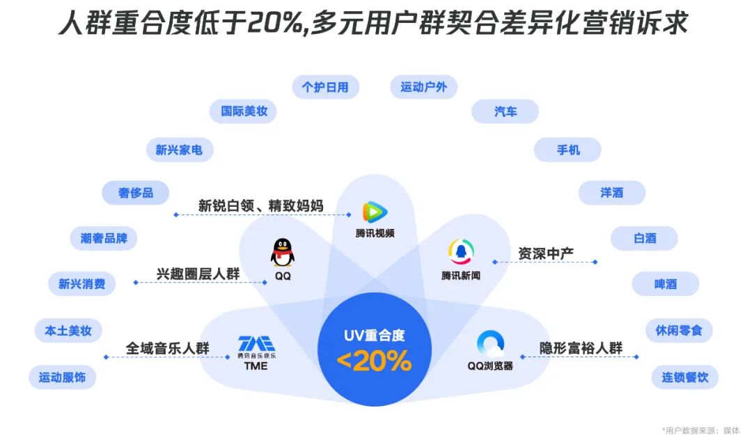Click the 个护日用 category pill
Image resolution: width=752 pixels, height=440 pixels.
tap(325, 87)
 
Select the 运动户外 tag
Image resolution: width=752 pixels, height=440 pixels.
tap(423, 87)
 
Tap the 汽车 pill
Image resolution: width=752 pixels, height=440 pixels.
tap(505, 111)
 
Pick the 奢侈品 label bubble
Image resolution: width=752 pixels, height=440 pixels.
tap(135, 193)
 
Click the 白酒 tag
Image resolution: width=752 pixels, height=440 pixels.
tap(644, 238)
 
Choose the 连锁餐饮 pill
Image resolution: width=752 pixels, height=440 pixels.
tap(684, 377)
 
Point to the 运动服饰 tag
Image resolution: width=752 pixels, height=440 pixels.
tap(62, 377)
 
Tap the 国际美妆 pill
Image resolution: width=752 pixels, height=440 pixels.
tap(244, 111)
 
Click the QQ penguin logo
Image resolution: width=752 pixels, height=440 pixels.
tap(282, 251)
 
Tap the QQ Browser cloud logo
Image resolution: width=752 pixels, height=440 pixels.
tap(490, 344)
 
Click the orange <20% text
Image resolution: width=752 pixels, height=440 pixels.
tap(374, 361)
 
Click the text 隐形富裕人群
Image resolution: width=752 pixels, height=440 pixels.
tap(581, 347)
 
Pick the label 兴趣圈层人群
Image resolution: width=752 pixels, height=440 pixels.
tap(198, 274)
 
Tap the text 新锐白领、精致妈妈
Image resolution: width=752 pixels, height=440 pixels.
tap(260, 205)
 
